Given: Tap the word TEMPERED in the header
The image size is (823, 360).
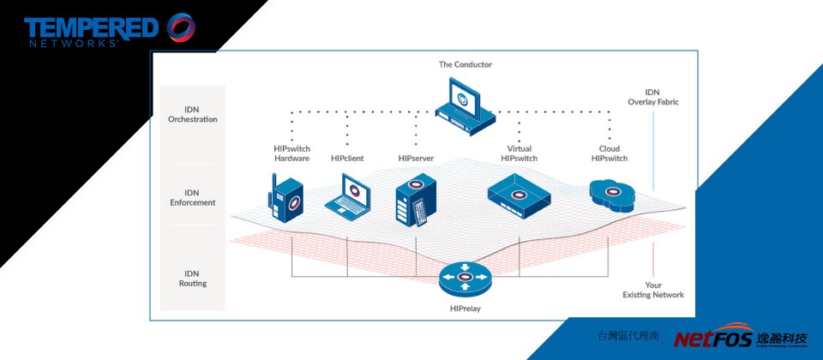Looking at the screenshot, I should pyautogui.click(x=91, y=27).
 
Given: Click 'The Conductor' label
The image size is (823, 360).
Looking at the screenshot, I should pyautogui.click(x=466, y=64).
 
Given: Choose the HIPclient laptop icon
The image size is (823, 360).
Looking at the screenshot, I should pyautogui.click(x=348, y=195).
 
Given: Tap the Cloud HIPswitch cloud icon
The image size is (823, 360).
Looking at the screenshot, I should pyautogui.click(x=610, y=195).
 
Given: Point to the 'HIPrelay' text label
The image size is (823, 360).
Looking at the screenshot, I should pyautogui.click(x=466, y=308).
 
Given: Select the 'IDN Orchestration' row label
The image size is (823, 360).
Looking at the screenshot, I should pyautogui.click(x=193, y=114).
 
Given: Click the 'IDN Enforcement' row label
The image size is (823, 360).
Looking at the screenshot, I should pyautogui.click(x=193, y=198).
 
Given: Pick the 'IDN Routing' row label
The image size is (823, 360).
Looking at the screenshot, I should pyautogui.click(x=193, y=278).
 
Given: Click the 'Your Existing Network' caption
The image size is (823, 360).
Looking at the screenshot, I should pyautogui.click(x=653, y=290).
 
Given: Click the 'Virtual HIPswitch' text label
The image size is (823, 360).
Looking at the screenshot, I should pyautogui.click(x=519, y=153).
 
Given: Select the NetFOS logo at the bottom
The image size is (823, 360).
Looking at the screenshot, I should pyautogui.click(x=741, y=339).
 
